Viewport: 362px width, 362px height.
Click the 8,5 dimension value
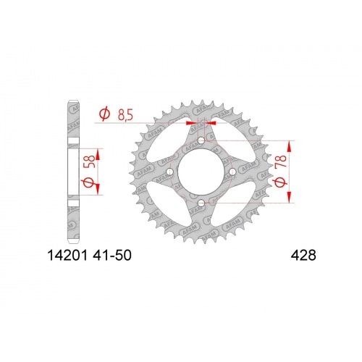(x=127, y=113)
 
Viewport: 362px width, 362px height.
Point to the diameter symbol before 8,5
(x=104, y=114)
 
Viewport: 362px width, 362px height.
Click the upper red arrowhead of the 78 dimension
(x=292, y=143)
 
